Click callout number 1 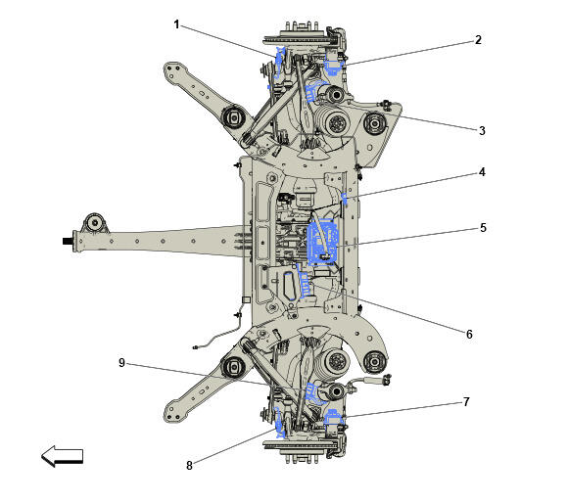[x=177, y=24]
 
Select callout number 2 [x=478, y=40]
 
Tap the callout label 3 [x=482, y=129]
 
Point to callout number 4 [x=482, y=172]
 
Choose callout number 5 [x=482, y=228]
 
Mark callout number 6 [x=469, y=334]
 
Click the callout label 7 [x=467, y=401]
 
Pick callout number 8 [x=189, y=465]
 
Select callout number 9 [x=122, y=362]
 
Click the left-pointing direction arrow [x=62, y=456]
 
